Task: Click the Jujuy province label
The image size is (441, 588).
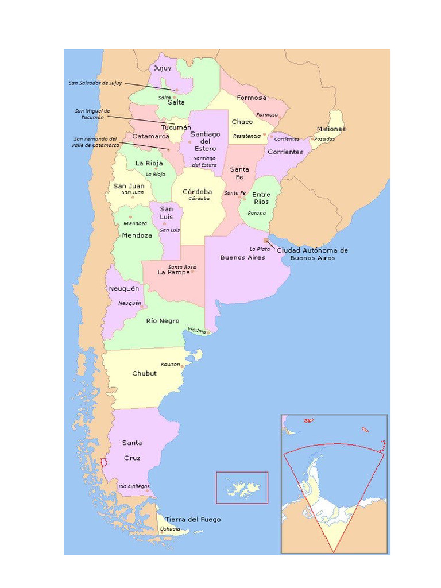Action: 163,68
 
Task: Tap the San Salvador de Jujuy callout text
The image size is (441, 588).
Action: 95,83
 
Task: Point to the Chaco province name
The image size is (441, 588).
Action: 242,122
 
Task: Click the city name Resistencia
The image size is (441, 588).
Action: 246,136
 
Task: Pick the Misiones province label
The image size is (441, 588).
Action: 331,129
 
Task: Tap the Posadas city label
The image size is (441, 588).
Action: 324,139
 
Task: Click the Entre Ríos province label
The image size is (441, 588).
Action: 261,198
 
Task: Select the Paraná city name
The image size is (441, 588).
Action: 257,213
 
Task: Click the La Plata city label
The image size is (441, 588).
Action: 260,249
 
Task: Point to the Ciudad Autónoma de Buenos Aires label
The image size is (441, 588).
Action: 312,254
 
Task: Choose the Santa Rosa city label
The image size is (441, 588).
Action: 182,268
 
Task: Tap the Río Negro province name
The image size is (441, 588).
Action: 163,321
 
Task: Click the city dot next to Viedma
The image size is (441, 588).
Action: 208,332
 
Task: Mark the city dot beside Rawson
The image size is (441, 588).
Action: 183,366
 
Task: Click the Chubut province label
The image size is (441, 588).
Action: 144,373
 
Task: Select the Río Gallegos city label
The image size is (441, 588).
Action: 134,486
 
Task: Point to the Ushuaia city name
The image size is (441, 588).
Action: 170,529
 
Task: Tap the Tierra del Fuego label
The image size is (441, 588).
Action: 192,520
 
